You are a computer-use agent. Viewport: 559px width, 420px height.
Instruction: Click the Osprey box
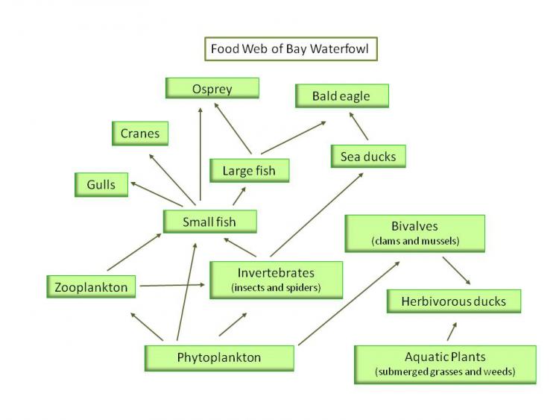pos(212,89)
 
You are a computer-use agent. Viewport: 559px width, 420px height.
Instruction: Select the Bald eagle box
pos(342,96)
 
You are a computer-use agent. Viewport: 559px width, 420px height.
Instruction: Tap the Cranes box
pos(140,134)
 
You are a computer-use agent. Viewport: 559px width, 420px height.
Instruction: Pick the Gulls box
pos(101,184)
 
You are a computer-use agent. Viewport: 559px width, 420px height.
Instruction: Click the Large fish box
pos(249,171)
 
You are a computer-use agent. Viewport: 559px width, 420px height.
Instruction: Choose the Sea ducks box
pos(368,156)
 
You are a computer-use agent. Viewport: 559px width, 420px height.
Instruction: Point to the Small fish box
pos(209,222)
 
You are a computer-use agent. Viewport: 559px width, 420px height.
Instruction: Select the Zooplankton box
pos(91,286)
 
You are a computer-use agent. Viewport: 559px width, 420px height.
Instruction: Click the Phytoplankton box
pos(219,357)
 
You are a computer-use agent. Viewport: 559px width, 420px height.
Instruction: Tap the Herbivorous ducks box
pos(453,301)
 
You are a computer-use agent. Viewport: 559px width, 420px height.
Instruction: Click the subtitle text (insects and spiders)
pos(276,287)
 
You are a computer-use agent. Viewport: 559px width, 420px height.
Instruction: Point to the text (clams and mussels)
pos(414,241)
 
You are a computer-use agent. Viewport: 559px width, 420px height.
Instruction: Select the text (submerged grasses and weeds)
pos(445,371)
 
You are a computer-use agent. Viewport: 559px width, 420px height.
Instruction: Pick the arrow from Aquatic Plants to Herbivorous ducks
pos(451,330)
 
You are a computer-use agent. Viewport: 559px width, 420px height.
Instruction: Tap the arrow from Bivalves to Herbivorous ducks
pos(456,271)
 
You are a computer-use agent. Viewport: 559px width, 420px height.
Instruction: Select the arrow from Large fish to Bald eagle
pos(294,137)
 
